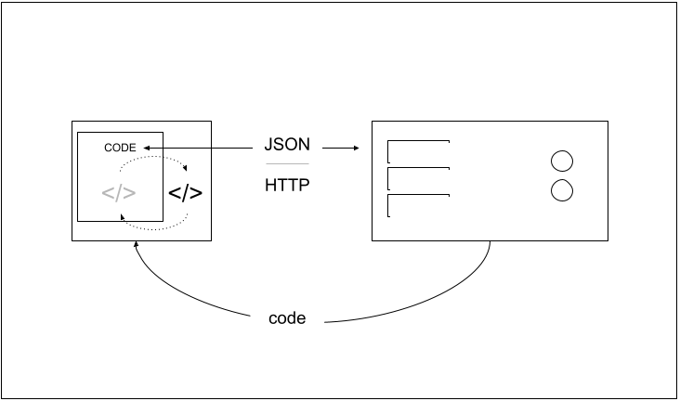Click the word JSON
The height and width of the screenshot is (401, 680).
click(287, 146)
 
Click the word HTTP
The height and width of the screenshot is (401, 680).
click(287, 184)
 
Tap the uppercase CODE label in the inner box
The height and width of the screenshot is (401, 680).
click(120, 148)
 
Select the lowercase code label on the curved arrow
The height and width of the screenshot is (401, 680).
click(287, 318)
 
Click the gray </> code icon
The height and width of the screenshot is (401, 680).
click(118, 194)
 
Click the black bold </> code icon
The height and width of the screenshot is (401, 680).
click(185, 194)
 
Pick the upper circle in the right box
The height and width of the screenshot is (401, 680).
click(561, 161)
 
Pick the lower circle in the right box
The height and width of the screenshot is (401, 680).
click(561, 191)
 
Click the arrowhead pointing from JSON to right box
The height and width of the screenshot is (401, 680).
click(354, 148)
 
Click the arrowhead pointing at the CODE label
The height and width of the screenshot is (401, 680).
click(146, 148)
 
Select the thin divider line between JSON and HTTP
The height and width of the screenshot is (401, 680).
click(287, 164)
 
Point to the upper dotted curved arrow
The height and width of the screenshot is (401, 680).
click(153, 158)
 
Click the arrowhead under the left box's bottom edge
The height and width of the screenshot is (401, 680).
click(137, 247)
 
